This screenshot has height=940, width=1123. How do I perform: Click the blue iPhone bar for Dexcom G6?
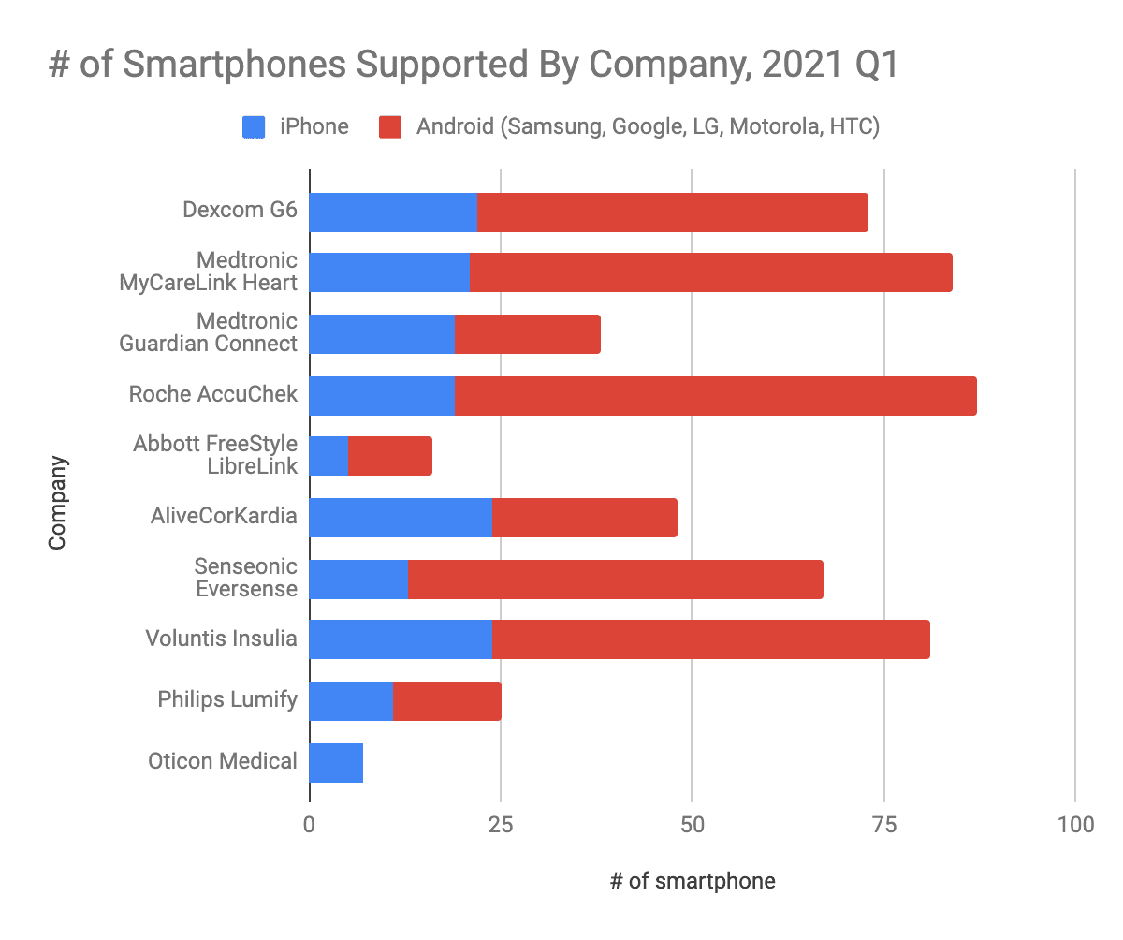click(393, 213)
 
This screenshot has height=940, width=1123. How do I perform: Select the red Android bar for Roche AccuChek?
click(716, 396)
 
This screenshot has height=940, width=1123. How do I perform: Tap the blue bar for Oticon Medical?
click(336, 763)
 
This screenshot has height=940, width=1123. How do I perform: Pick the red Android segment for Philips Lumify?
click(446, 701)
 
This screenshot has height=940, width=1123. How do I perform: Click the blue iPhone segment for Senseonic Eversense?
click(358, 580)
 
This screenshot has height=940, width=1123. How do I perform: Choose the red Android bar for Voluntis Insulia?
click(711, 639)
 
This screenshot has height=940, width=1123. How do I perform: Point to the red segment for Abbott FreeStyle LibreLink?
click(390, 456)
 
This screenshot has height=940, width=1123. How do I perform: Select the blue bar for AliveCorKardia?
click(401, 518)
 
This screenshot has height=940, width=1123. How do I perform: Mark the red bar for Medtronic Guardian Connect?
click(527, 334)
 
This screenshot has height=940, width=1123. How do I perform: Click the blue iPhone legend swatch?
click(255, 126)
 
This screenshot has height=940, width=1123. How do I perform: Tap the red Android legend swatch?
click(391, 126)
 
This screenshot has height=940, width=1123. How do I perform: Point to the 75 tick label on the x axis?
click(882, 825)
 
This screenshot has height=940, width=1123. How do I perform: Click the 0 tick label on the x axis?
click(309, 825)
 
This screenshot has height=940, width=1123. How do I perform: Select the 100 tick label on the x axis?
click(1074, 825)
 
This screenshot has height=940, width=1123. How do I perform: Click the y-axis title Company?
click(59, 502)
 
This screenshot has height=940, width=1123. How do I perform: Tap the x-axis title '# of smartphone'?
click(693, 881)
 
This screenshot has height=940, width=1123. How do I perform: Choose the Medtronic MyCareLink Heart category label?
click(209, 272)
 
